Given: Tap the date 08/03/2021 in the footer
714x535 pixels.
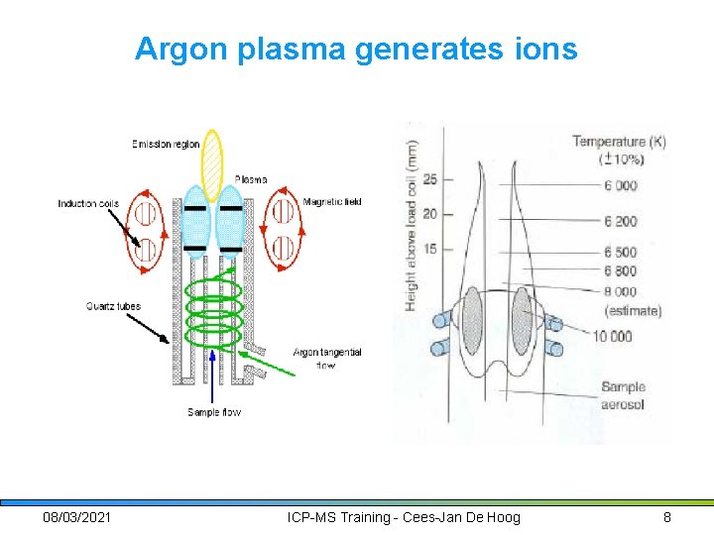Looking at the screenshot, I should pyautogui.click(x=77, y=517).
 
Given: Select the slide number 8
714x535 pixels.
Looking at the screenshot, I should pyautogui.click(x=667, y=517).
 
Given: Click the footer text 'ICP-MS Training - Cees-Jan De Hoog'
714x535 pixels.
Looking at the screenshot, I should pyautogui.click(x=403, y=517).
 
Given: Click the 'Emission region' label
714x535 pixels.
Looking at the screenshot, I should pyautogui.click(x=166, y=145).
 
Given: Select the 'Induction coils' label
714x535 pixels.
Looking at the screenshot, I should pyautogui.click(x=88, y=204).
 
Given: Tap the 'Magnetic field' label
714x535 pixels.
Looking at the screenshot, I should pyautogui.click(x=332, y=202).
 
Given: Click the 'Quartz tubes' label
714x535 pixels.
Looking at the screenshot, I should pyautogui.click(x=112, y=306).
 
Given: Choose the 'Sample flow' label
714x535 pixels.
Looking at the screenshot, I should pyautogui.click(x=214, y=411).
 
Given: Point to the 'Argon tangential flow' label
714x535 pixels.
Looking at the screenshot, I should pyautogui.click(x=327, y=359).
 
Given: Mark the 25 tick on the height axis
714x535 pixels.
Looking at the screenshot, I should pyautogui.click(x=430, y=179).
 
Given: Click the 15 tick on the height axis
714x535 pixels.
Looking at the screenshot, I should pyautogui.click(x=430, y=248).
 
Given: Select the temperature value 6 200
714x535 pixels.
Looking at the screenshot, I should pyautogui.click(x=619, y=221).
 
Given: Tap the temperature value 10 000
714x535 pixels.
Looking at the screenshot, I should pyautogui.click(x=613, y=336).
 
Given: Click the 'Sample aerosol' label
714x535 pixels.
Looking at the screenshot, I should pyautogui.click(x=623, y=394).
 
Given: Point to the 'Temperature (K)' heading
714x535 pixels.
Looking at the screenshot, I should pyautogui.click(x=619, y=142).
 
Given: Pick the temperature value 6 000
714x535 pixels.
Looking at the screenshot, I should pyautogui.click(x=619, y=186).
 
